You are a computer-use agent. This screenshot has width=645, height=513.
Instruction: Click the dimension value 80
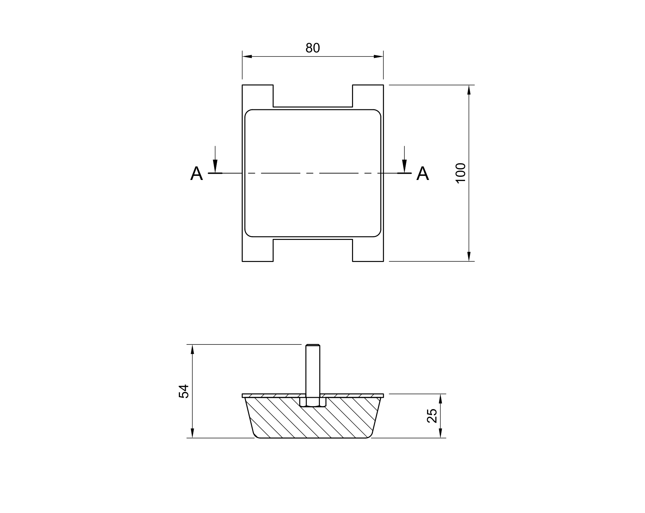click(313, 48)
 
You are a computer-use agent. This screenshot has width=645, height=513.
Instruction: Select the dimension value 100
click(461, 173)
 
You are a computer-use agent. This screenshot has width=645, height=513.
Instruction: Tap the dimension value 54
click(184, 391)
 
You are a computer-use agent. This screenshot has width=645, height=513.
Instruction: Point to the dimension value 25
click(432, 415)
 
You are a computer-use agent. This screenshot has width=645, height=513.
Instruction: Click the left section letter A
click(196, 173)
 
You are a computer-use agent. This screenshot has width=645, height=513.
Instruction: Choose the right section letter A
click(423, 173)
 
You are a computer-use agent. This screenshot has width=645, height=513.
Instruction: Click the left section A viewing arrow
click(215, 159)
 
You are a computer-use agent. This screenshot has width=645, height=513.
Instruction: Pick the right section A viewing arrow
click(404, 159)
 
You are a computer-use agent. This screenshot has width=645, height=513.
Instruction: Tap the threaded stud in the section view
click(313, 369)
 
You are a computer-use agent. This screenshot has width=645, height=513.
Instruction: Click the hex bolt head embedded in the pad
click(313, 402)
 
